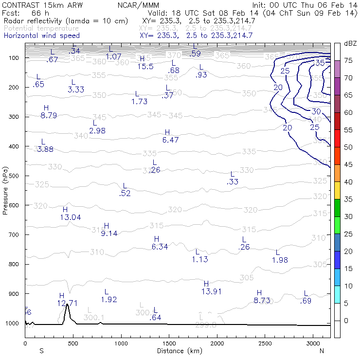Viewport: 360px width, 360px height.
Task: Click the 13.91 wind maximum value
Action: click(x=211, y=291)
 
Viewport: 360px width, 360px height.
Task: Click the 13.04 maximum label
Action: click(x=70, y=217)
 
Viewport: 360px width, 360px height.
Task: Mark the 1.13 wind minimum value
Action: click(x=200, y=259)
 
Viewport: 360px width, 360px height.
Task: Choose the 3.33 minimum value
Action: click(x=76, y=90)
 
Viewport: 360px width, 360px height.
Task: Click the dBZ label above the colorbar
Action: click(x=350, y=43)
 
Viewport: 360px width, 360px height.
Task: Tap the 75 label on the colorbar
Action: click(x=349, y=60)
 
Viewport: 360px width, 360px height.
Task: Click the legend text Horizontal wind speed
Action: click(x=41, y=36)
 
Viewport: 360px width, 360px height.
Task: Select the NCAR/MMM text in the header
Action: click(x=138, y=5)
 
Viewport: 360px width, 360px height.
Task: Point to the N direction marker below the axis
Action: click(x=322, y=351)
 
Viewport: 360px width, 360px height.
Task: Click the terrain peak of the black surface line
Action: click(x=67, y=305)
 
